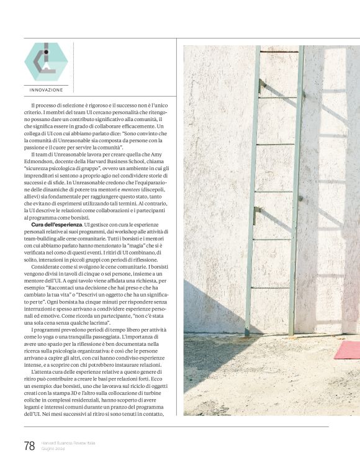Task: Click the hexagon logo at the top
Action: [45, 61]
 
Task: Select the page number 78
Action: [29, 446]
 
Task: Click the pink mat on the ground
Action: [347, 349]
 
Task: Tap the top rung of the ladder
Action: [279, 52]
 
